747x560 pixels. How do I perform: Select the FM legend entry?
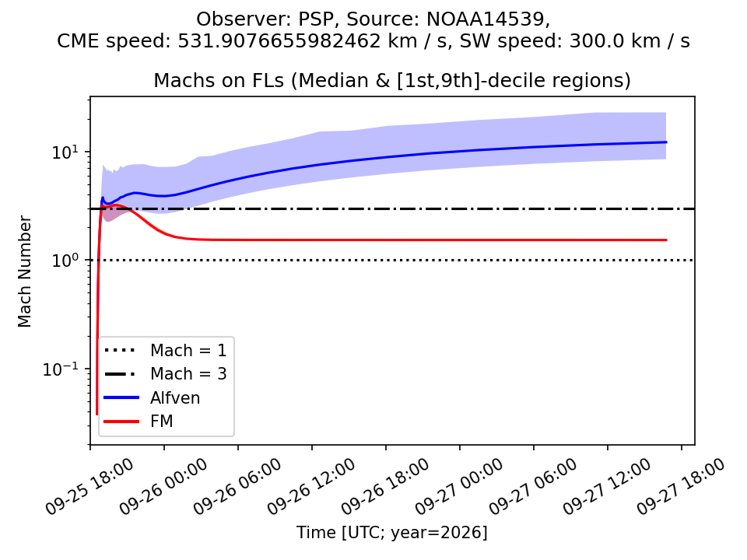139,422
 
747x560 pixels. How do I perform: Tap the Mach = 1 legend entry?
165,351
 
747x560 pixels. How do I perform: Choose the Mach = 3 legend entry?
165,374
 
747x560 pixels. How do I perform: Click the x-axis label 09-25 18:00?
89,487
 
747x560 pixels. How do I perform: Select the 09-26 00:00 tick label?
163,487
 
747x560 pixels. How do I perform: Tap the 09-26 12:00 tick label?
310,487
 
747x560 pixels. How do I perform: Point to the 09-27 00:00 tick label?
458,487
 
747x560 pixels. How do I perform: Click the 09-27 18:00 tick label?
680,487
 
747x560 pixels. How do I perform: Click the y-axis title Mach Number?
24,271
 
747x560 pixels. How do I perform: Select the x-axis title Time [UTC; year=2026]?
392,532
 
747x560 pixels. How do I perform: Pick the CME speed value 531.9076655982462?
279,41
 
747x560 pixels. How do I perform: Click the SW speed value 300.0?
598,41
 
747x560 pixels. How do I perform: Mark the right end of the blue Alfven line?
666,142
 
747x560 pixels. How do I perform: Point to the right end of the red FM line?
666,240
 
